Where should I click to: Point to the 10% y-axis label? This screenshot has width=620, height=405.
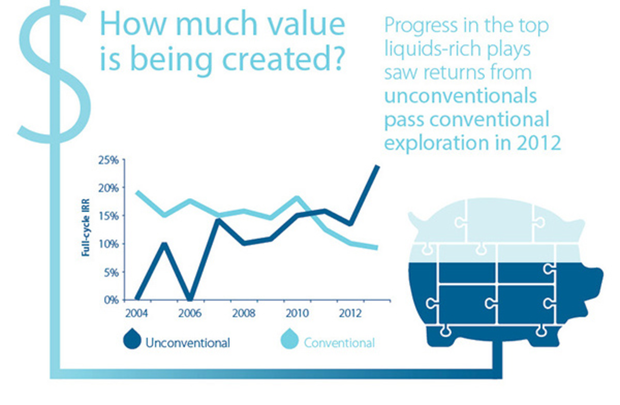tap(108, 244)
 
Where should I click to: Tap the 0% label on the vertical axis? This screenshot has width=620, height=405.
tap(111, 300)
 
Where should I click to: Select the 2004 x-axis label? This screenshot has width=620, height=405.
tap(136, 313)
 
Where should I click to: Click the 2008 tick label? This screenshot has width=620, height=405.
tap(243, 313)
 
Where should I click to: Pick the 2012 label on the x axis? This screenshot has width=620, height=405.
tap(350, 313)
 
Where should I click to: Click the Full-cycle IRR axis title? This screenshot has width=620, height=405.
tap(86, 228)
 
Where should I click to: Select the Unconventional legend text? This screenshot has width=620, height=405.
tap(188, 343)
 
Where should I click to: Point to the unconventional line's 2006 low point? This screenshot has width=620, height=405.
tap(190, 298)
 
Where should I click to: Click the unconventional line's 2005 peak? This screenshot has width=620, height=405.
tap(164, 245)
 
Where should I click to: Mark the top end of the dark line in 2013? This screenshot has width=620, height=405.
tap(377, 167)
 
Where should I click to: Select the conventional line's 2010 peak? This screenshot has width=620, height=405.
tap(297, 198)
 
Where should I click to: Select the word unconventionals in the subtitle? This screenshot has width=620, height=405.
tap(460, 96)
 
